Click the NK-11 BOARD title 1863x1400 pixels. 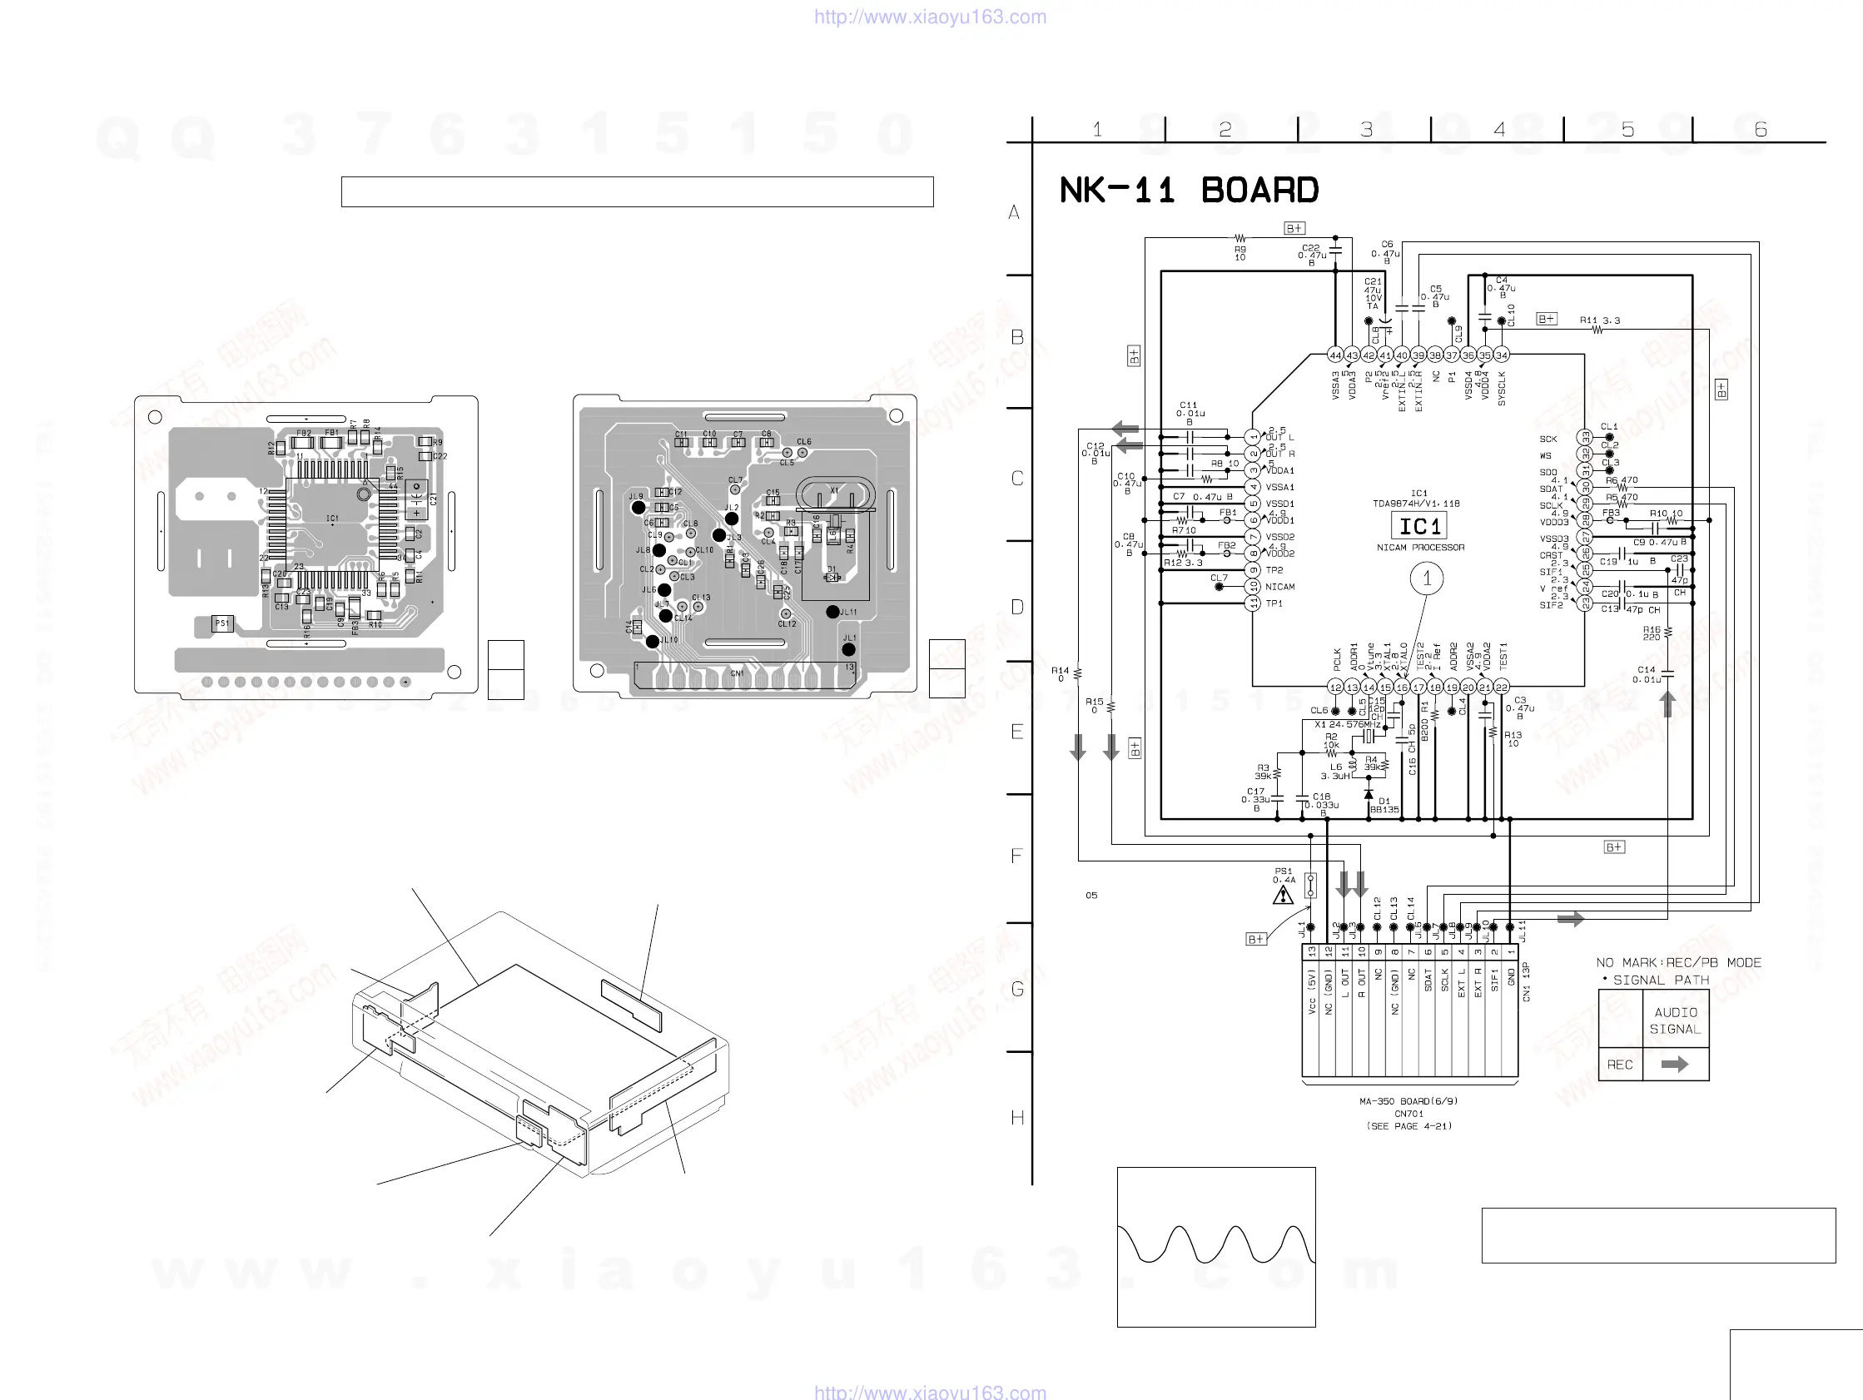(1189, 191)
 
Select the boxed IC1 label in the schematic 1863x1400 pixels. (1419, 527)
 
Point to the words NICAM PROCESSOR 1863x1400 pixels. (1420, 548)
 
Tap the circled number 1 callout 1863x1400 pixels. (1427, 578)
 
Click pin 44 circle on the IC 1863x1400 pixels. (1335, 355)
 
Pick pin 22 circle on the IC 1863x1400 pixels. (1501, 688)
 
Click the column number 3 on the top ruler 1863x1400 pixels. (1366, 130)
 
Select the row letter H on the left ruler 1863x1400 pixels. (1017, 1118)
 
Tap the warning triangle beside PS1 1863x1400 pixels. (1283, 895)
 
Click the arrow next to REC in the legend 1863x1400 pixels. (1674, 1065)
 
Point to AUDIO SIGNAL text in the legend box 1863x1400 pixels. (1675, 1021)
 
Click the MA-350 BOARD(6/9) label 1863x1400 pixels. (1408, 1101)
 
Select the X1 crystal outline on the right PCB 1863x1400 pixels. (836, 494)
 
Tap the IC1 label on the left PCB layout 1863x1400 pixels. (332, 518)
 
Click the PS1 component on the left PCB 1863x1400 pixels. (222, 624)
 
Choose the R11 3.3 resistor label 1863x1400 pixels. (1599, 321)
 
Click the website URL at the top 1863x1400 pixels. (930, 17)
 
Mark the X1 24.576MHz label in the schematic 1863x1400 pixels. (1348, 724)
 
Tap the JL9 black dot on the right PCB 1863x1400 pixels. (638, 508)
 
